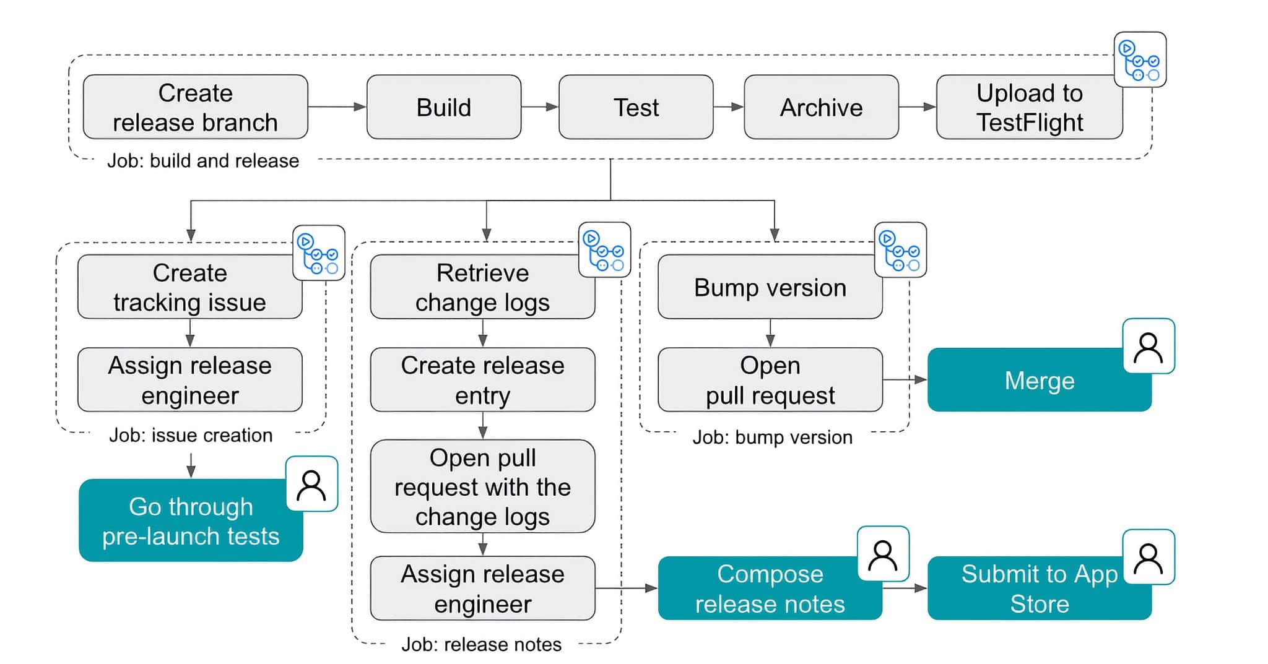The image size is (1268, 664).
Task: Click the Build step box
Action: [x=443, y=107]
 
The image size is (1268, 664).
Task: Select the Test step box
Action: [x=635, y=107]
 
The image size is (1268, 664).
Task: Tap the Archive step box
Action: [x=820, y=107]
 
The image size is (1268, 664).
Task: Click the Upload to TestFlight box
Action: [x=1028, y=107]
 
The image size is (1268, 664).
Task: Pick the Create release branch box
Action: [x=195, y=107]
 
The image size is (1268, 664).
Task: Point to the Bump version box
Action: [x=770, y=287]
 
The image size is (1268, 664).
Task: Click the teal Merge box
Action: [x=1039, y=380]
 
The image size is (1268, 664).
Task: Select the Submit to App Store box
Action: [x=1039, y=589]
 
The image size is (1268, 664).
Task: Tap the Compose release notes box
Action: [x=770, y=589]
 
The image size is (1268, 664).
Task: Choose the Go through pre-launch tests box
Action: [x=191, y=521]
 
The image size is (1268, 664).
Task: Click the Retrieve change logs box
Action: [x=482, y=287]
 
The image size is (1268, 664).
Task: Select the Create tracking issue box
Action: [x=189, y=287]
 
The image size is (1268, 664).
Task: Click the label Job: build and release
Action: [x=203, y=161]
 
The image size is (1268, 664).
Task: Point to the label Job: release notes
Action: [x=481, y=645]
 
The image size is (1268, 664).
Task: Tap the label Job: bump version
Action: [x=772, y=438]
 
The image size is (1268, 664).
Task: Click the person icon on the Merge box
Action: [x=1149, y=347]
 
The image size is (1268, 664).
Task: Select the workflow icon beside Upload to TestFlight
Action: [x=1140, y=60]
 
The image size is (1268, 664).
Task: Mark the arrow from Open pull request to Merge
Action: [x=905, y=379]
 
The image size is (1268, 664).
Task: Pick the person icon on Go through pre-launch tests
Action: [x=311, y=484]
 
